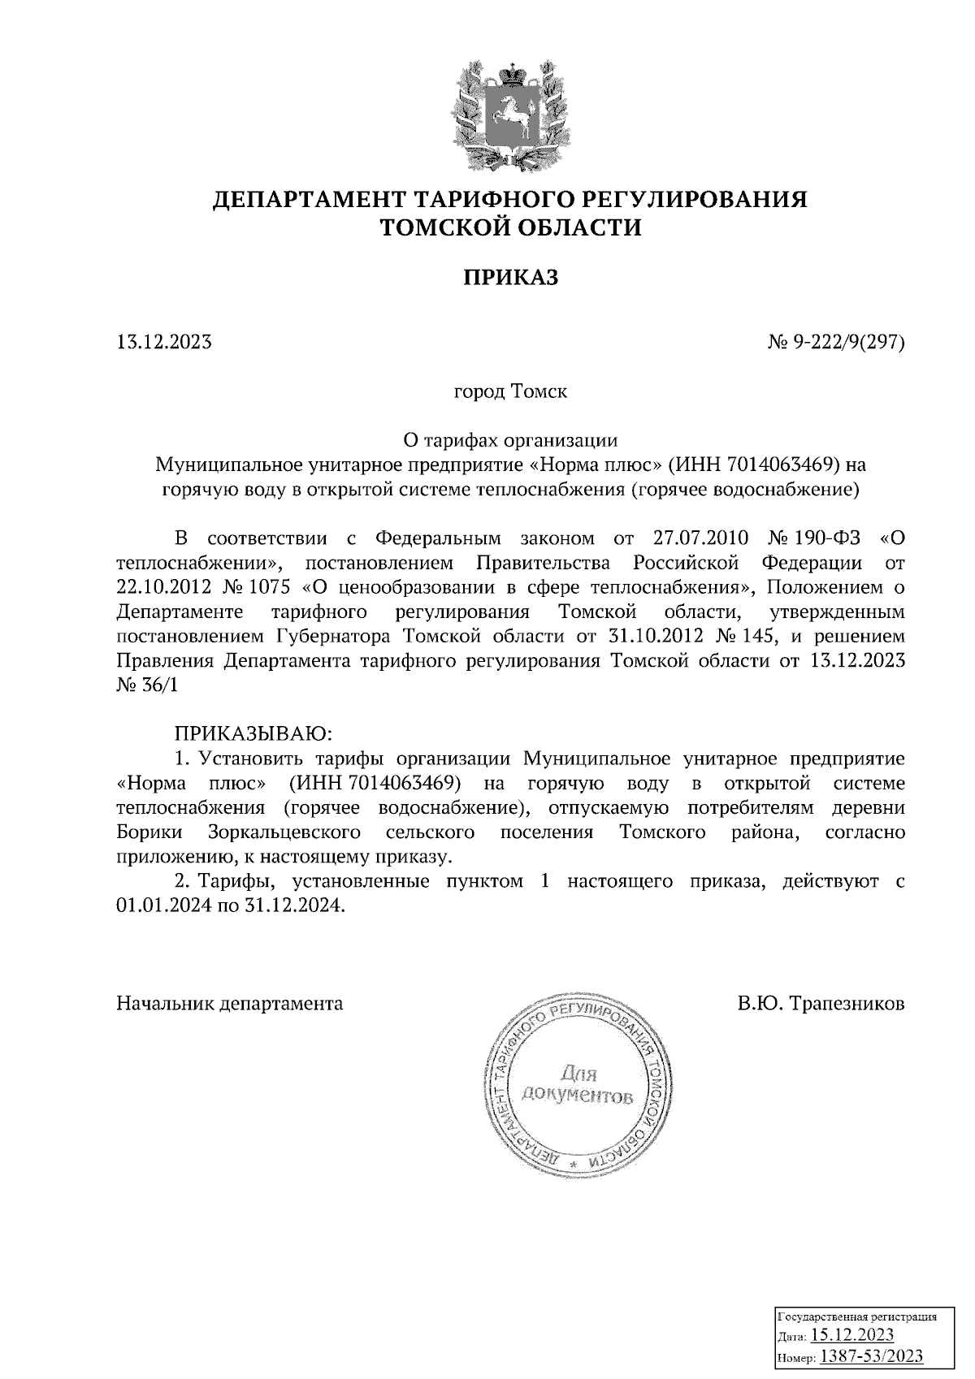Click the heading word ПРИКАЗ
pos(511,278)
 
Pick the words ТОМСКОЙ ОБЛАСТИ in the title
pos(511,228)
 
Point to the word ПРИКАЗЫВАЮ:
pos(250,733)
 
